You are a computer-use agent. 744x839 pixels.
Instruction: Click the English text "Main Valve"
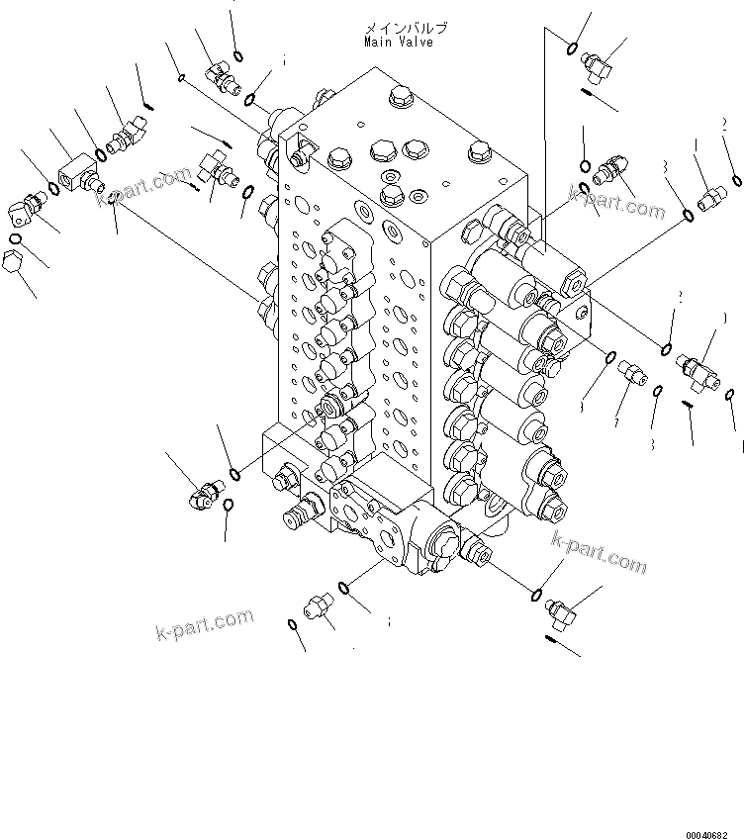[398, 43]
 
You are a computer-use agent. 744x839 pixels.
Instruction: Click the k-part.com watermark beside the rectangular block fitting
[142, 189]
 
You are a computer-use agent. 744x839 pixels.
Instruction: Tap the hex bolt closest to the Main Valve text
[399, 96]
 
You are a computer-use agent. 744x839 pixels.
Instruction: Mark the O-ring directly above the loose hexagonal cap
[15, 238]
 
